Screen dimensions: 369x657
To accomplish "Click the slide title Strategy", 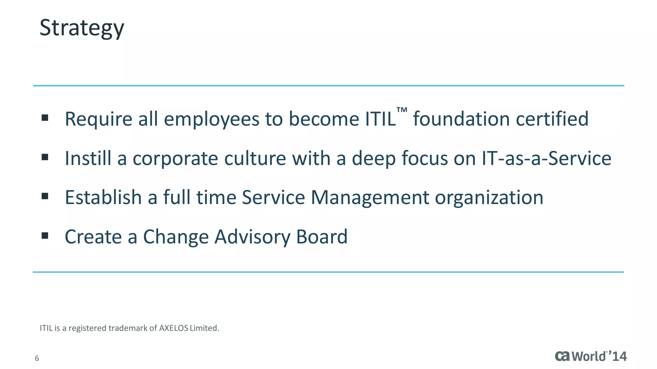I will pos(81,28).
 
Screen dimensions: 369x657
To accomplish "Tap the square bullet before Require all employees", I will pos(45,118).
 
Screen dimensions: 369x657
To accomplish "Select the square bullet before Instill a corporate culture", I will pos(45,157).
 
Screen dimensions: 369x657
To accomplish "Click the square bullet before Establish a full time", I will pos(45,196).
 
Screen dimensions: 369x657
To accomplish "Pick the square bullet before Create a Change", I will pos(45,236).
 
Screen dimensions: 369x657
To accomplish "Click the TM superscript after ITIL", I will pos(402,110).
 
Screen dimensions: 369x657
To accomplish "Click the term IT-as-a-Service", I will pos(546,158).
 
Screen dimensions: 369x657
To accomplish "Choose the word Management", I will pos(370,198).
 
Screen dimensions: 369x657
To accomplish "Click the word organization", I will pos(489,198).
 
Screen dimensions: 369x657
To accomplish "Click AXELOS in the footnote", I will pos(174,328).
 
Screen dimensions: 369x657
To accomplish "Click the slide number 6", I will pos(37,358).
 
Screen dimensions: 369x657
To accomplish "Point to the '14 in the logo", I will pos(618,356).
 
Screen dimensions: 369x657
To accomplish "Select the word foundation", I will pos(461,119).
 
